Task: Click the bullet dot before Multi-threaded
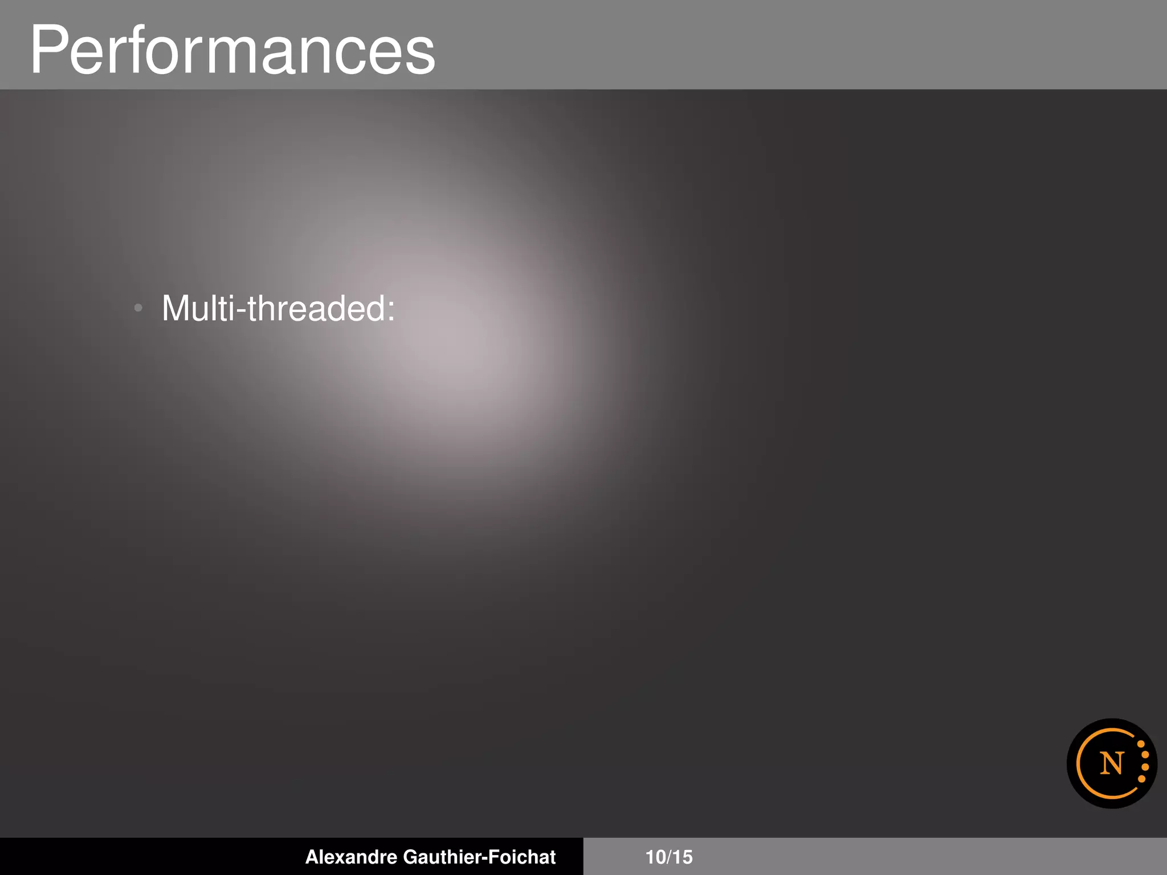pos(138,308)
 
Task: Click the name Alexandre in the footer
pos(351,857)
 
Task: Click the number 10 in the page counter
pos(655,857)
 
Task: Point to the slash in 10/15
pos(669,857)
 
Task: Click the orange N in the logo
pos(1111,763)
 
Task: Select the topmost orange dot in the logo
pos(1141,745)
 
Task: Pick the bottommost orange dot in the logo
pos(1141,779)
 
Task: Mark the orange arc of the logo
pos(1080,763)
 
